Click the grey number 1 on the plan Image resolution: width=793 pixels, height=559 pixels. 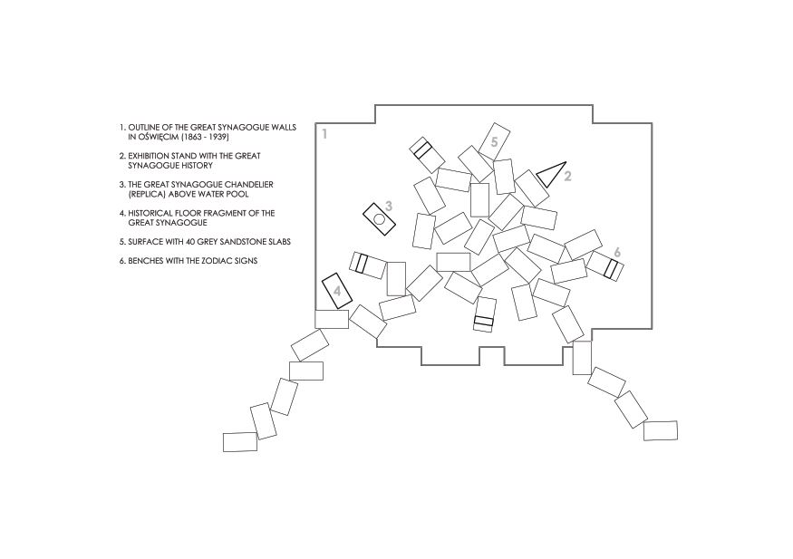tap(324, 134)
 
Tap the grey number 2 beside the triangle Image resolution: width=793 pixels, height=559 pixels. tap(567, 177)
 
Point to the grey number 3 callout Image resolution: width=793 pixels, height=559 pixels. tap(389, 206)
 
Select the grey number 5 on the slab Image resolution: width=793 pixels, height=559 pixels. tap(494, 142)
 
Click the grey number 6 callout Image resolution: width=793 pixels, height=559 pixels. tap(617, 252)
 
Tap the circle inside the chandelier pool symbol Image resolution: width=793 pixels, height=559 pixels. tap(379, 219)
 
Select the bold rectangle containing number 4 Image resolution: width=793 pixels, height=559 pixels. tap(337, 291)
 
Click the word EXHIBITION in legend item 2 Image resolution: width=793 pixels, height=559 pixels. tap(150, 156)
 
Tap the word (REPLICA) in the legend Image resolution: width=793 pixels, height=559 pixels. tap(145, 194)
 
